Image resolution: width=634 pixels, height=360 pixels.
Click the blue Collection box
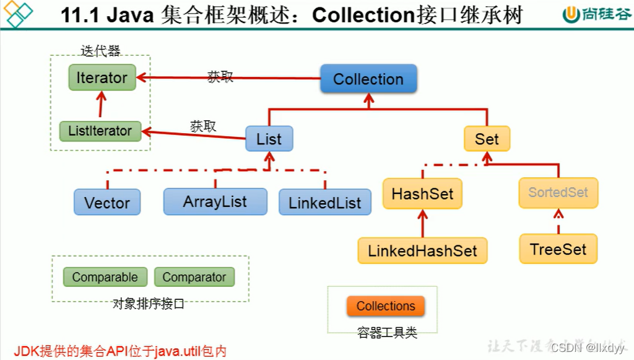368,79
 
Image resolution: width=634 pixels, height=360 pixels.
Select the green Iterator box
102,78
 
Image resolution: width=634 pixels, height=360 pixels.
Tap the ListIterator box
100,131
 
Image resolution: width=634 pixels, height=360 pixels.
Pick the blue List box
269,139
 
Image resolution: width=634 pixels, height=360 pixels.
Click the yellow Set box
487,139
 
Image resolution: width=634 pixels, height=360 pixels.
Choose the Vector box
107,203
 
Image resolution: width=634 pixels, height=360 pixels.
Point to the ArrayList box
215,202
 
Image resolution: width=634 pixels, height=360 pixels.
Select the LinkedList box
324,203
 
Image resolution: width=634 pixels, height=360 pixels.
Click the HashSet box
422,193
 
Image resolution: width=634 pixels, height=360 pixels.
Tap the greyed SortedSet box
558,192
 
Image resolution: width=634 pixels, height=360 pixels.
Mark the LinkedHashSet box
422,250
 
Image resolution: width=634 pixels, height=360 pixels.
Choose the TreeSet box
558,249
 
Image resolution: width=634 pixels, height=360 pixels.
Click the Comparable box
105,277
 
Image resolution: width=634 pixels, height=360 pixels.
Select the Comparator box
194,277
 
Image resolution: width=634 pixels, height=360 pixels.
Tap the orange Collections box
386,306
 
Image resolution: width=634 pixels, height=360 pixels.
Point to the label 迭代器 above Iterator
100,51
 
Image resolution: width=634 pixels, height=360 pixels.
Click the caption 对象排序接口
149,304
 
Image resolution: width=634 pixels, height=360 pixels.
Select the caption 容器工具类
387,333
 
